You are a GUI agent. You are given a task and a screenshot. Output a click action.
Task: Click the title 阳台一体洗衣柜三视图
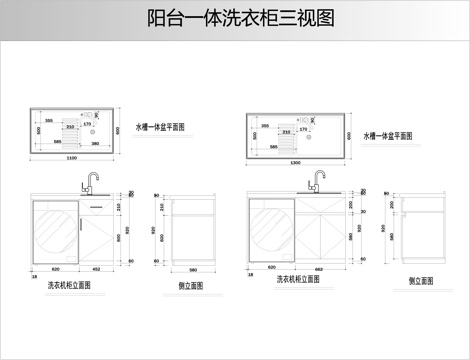click(234, 18)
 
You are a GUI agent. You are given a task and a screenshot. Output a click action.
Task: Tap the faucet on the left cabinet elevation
click(90, 183)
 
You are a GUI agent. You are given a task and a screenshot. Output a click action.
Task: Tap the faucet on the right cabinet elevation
click(318, 182)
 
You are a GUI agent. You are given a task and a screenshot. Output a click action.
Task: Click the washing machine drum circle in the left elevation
click(56, 232)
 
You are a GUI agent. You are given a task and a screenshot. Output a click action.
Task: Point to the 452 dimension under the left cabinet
click(96, 270)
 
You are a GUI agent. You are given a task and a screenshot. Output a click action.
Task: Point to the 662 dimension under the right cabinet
click(317, 269)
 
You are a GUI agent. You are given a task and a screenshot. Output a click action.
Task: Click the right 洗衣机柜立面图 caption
click(299, 280)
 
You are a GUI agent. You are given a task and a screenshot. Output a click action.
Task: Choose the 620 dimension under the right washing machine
click(272, 269)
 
